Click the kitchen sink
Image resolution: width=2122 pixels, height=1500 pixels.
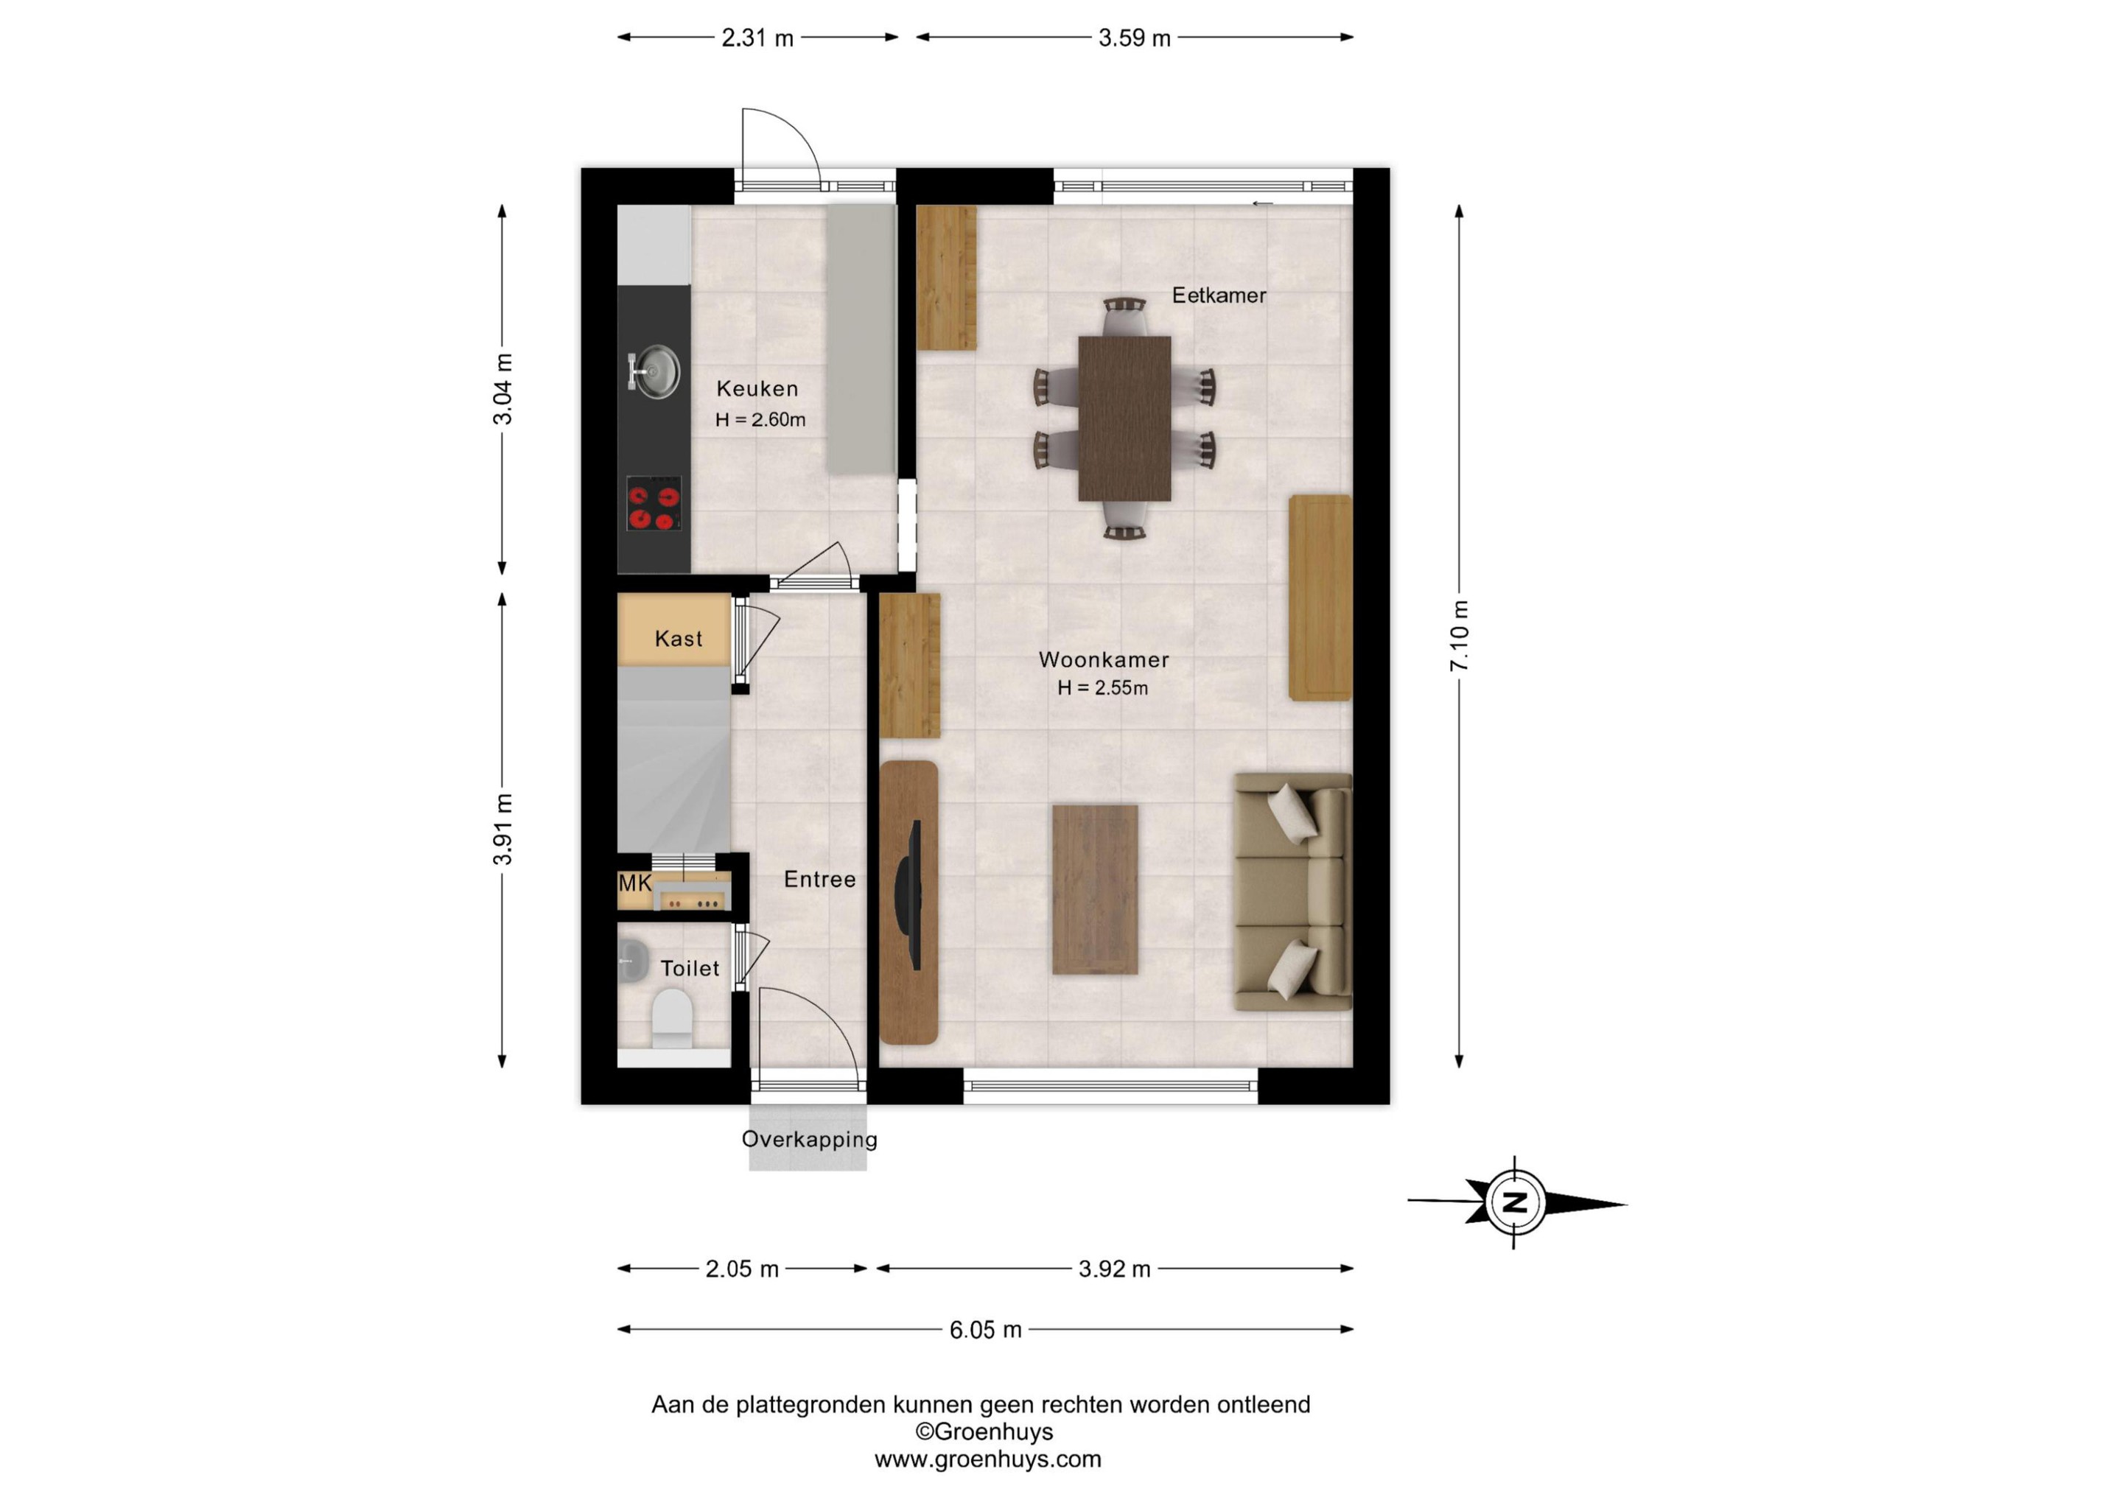(x=654, y=371)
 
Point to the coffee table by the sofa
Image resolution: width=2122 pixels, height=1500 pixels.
(x=1095, y=889)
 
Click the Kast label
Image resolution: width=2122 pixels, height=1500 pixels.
(x=679, y=639)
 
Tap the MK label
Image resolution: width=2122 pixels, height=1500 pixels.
(x=635, y=883)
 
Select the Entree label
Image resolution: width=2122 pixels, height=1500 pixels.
(x=820, y=879)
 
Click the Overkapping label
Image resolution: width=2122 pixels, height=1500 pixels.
(x=810, y=1140)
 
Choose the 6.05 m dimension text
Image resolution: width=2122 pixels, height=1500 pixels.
(x=985, y=1330)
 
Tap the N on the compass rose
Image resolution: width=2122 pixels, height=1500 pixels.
(x=1515, y=1202)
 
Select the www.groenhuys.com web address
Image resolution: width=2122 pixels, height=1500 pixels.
(x=988, y=1459)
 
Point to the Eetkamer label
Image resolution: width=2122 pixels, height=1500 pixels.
(x=1219, y=295)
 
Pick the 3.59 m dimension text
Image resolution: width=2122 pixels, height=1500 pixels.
(x=1134, y=38)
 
